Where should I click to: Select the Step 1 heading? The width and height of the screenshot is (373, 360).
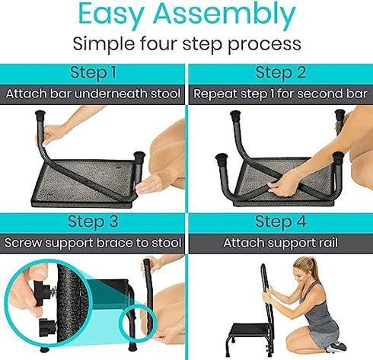[93, 73]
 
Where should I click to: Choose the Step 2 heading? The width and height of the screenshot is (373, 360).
[280, 73]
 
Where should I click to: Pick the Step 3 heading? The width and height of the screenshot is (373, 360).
[93, 222]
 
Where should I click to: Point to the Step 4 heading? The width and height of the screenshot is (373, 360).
[280, 222]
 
